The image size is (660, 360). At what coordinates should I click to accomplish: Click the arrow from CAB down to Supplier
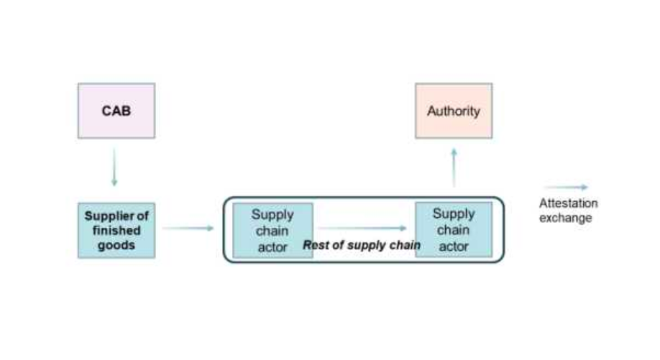coord(114,169)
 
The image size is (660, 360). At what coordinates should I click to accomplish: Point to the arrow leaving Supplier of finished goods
coord(188,229)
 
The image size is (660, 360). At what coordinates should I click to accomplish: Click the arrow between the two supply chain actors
coord(363,229)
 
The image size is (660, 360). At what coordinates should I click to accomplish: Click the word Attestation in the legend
coord(568,203)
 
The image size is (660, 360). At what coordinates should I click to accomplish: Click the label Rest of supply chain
coord(362,245)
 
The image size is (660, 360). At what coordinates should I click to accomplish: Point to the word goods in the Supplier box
coord(116,246)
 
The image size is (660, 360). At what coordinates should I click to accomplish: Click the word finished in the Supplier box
coord(116,231)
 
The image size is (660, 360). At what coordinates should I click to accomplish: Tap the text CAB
coord(116,111)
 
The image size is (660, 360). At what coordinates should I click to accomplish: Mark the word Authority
coord(454,111)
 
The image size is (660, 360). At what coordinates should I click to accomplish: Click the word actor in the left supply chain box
coord(272,246)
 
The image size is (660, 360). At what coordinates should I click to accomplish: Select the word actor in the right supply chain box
coord(454,246)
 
